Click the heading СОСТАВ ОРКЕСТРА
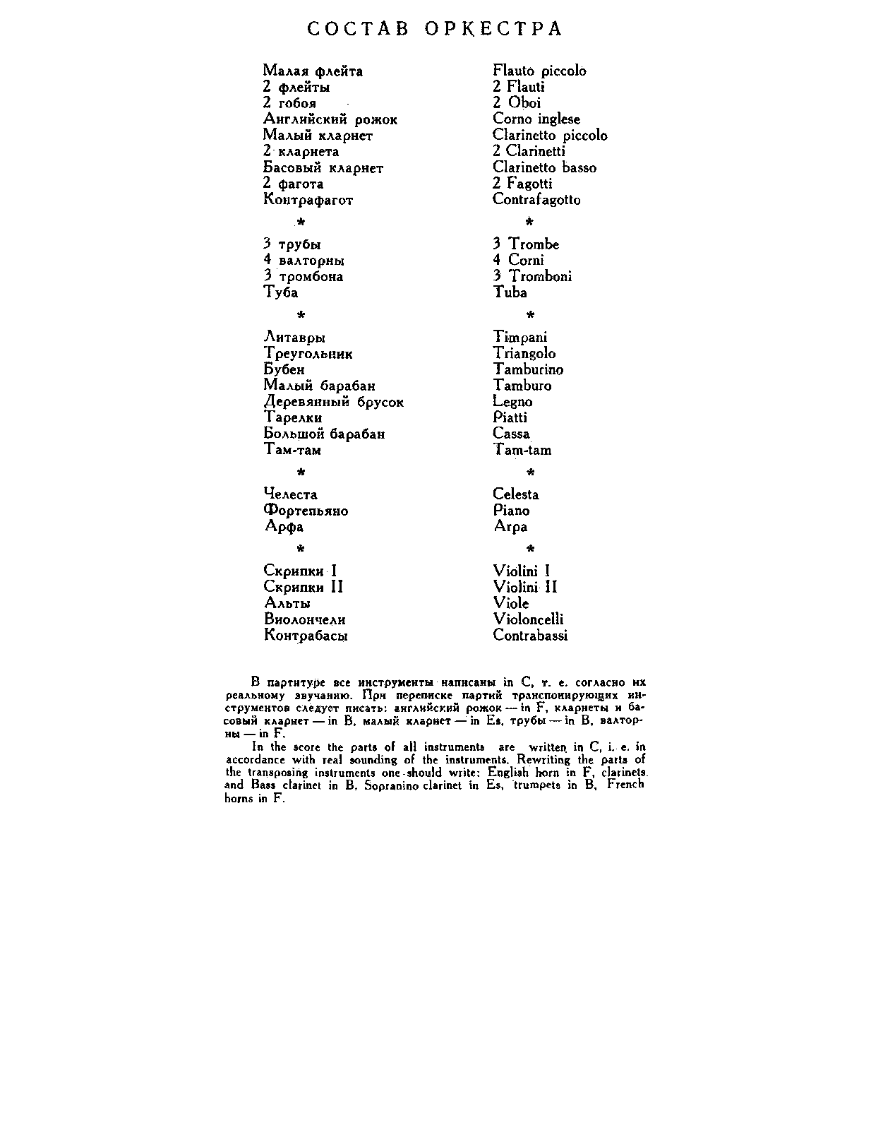[435, 29]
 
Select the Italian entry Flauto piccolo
[539, 71]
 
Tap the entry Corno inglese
[536, 119]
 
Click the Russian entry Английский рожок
[330, 119]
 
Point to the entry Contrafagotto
[536, 200]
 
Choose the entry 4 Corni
[518, 260]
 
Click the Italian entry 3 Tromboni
[532, 276]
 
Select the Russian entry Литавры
[294, 338]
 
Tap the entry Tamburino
[528, 369]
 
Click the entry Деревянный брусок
[333, 402]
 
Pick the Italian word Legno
[512, 402]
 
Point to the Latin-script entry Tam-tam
[522, 450]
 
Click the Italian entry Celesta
[516, 494]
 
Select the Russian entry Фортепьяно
[306, 511]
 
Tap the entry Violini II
[525, 587]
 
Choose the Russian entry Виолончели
[305, 619]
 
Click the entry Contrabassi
[530, 635]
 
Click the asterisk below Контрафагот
[301, 222]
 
